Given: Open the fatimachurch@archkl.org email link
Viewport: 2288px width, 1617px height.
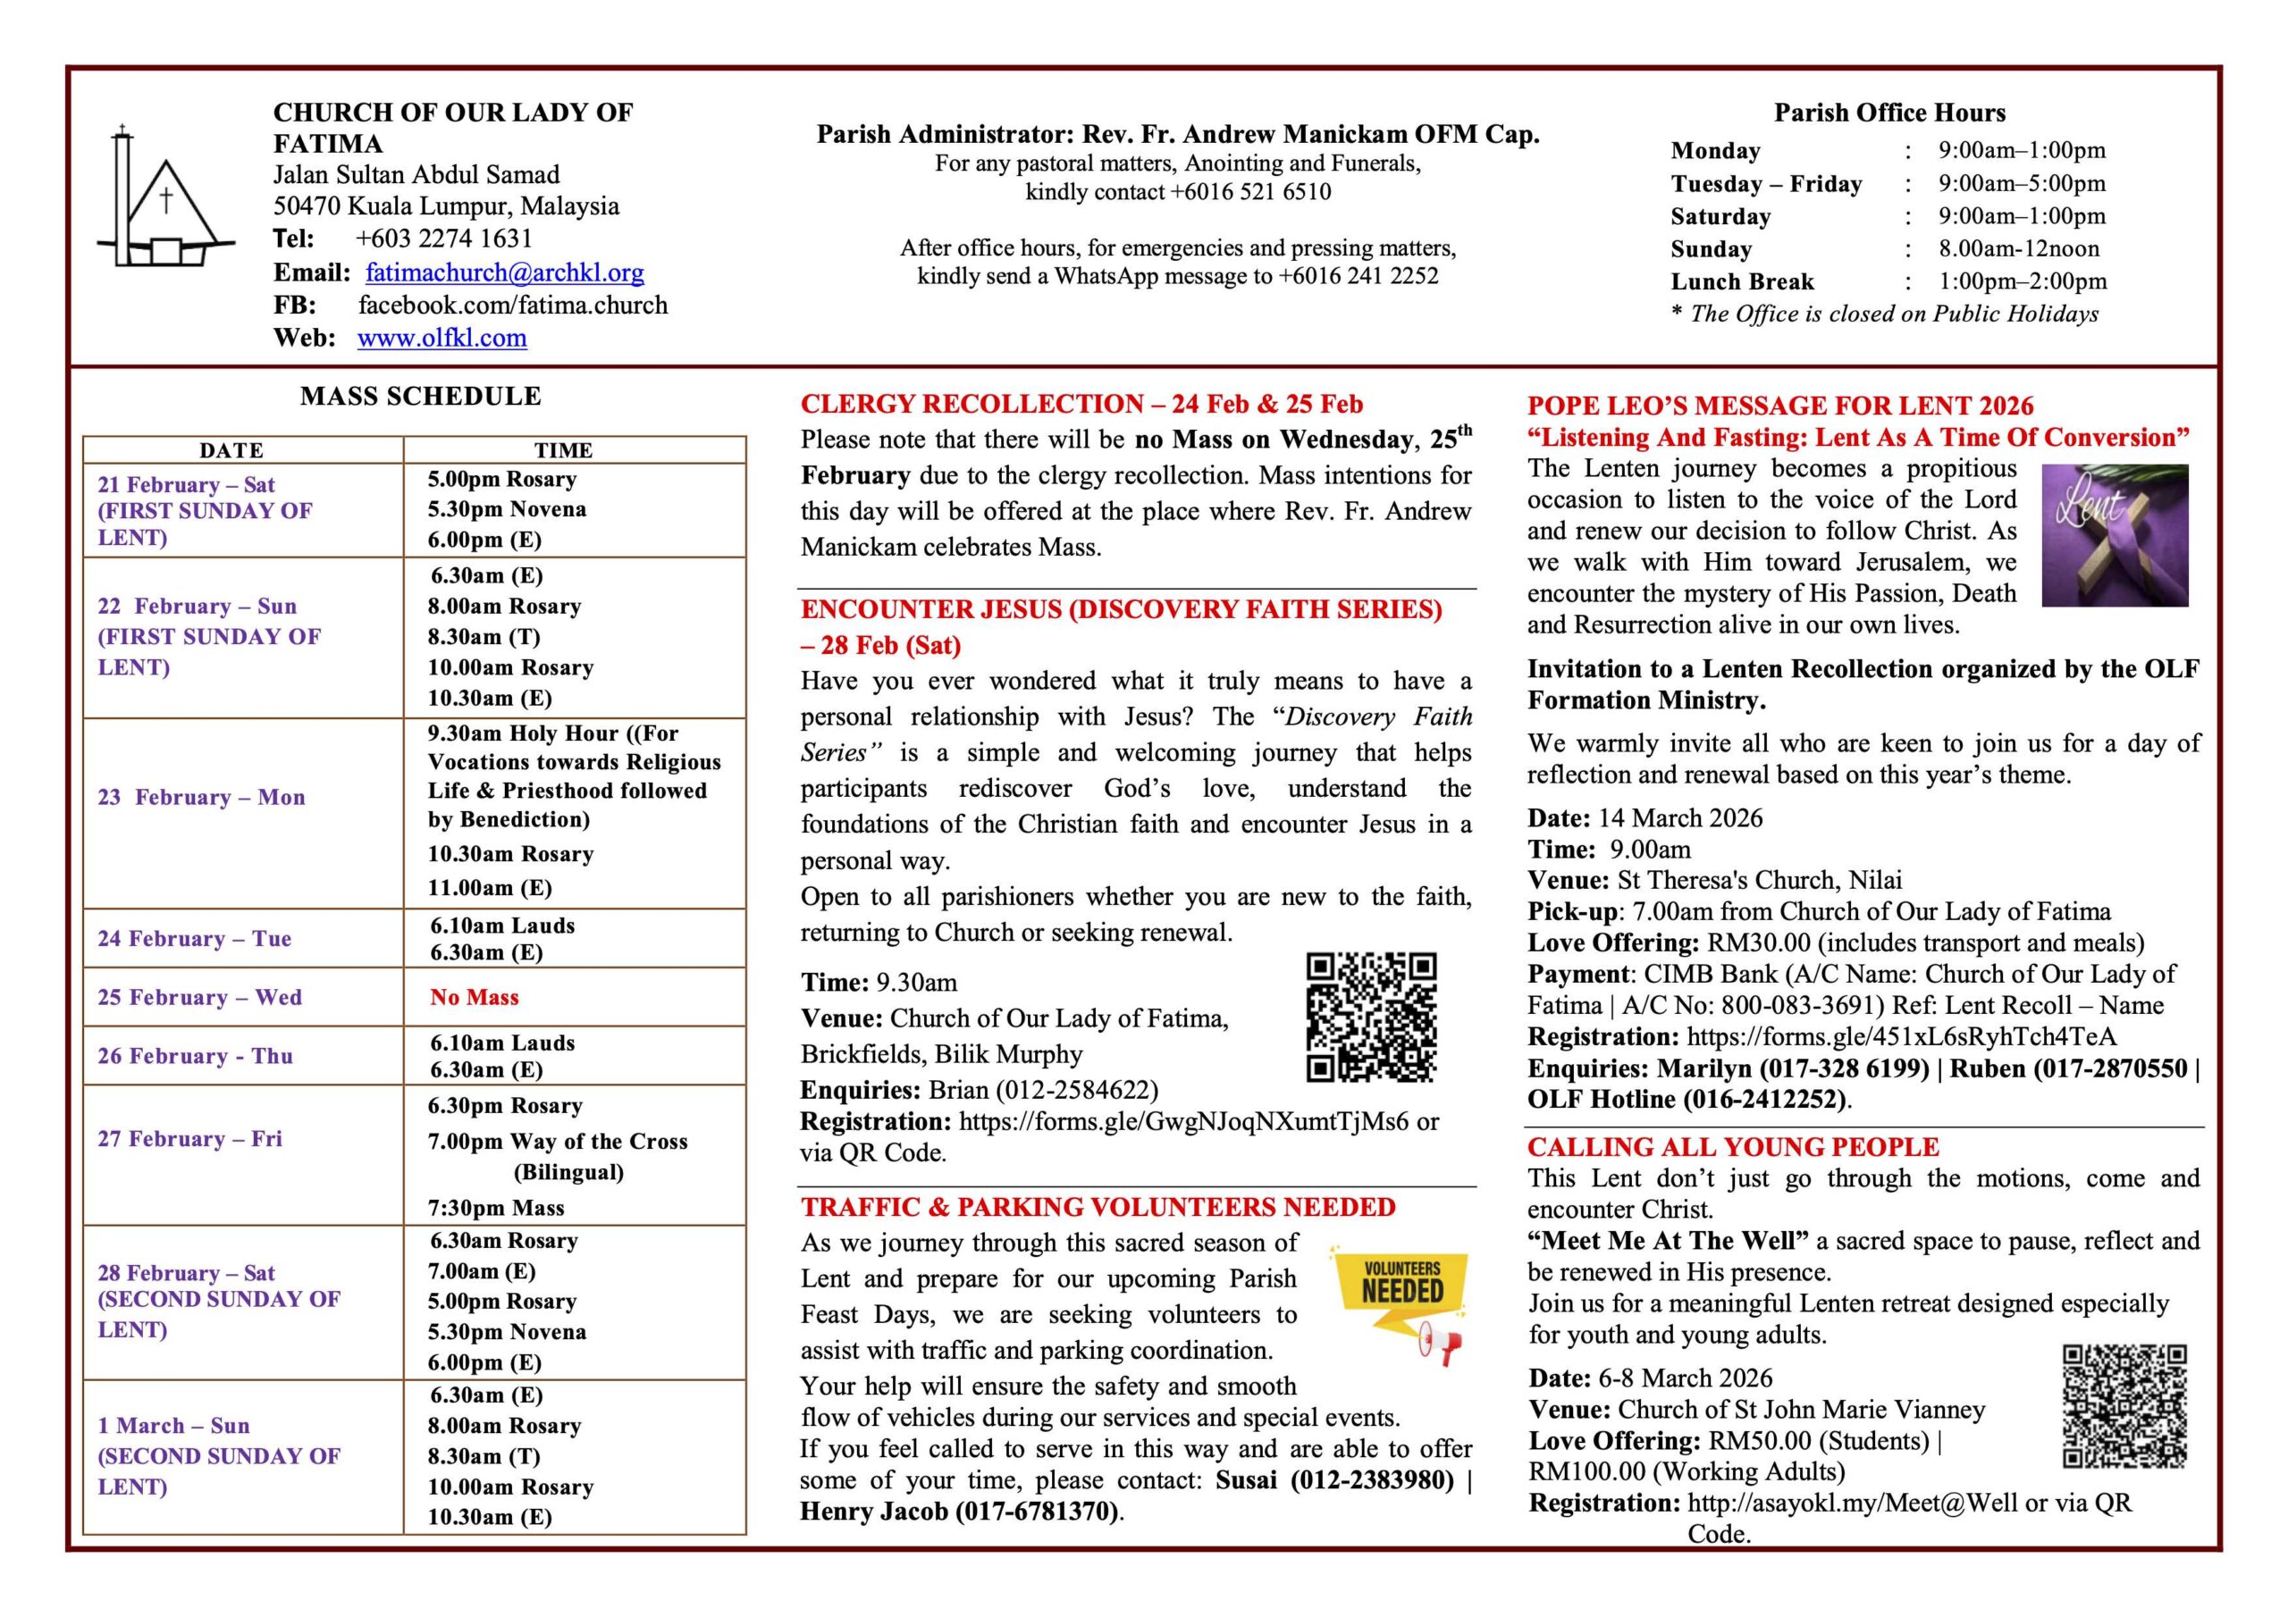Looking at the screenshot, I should tap(504, 272).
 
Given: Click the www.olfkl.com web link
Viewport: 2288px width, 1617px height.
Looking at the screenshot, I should tap(442, 338).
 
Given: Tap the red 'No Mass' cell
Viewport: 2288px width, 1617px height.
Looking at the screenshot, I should tap(475, 997).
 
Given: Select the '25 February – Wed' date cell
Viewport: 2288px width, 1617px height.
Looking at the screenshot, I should tap(199, 997).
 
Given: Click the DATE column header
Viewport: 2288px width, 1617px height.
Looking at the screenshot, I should tap(231, 450).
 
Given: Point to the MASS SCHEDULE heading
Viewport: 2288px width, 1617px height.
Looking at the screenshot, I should tap(421, 397).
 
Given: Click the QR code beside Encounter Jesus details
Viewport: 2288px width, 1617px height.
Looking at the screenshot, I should tap(1371, 1018).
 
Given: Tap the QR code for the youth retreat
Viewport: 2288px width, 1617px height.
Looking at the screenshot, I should tap(2124, 1406).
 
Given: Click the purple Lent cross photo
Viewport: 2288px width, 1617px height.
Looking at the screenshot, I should tap(2115, 535).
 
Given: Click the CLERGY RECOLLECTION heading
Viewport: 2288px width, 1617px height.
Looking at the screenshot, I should tap(1081, 405).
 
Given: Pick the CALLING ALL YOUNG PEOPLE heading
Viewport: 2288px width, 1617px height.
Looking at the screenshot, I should tap(1733, 1147).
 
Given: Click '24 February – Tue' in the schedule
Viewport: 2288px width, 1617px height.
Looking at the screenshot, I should tap(194, 939).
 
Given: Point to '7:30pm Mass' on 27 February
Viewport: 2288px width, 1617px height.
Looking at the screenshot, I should tap(496, 1208).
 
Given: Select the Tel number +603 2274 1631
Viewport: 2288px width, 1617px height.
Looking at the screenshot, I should tap(443, 239).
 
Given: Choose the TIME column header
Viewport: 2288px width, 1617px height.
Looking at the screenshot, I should tap(563, 450).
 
